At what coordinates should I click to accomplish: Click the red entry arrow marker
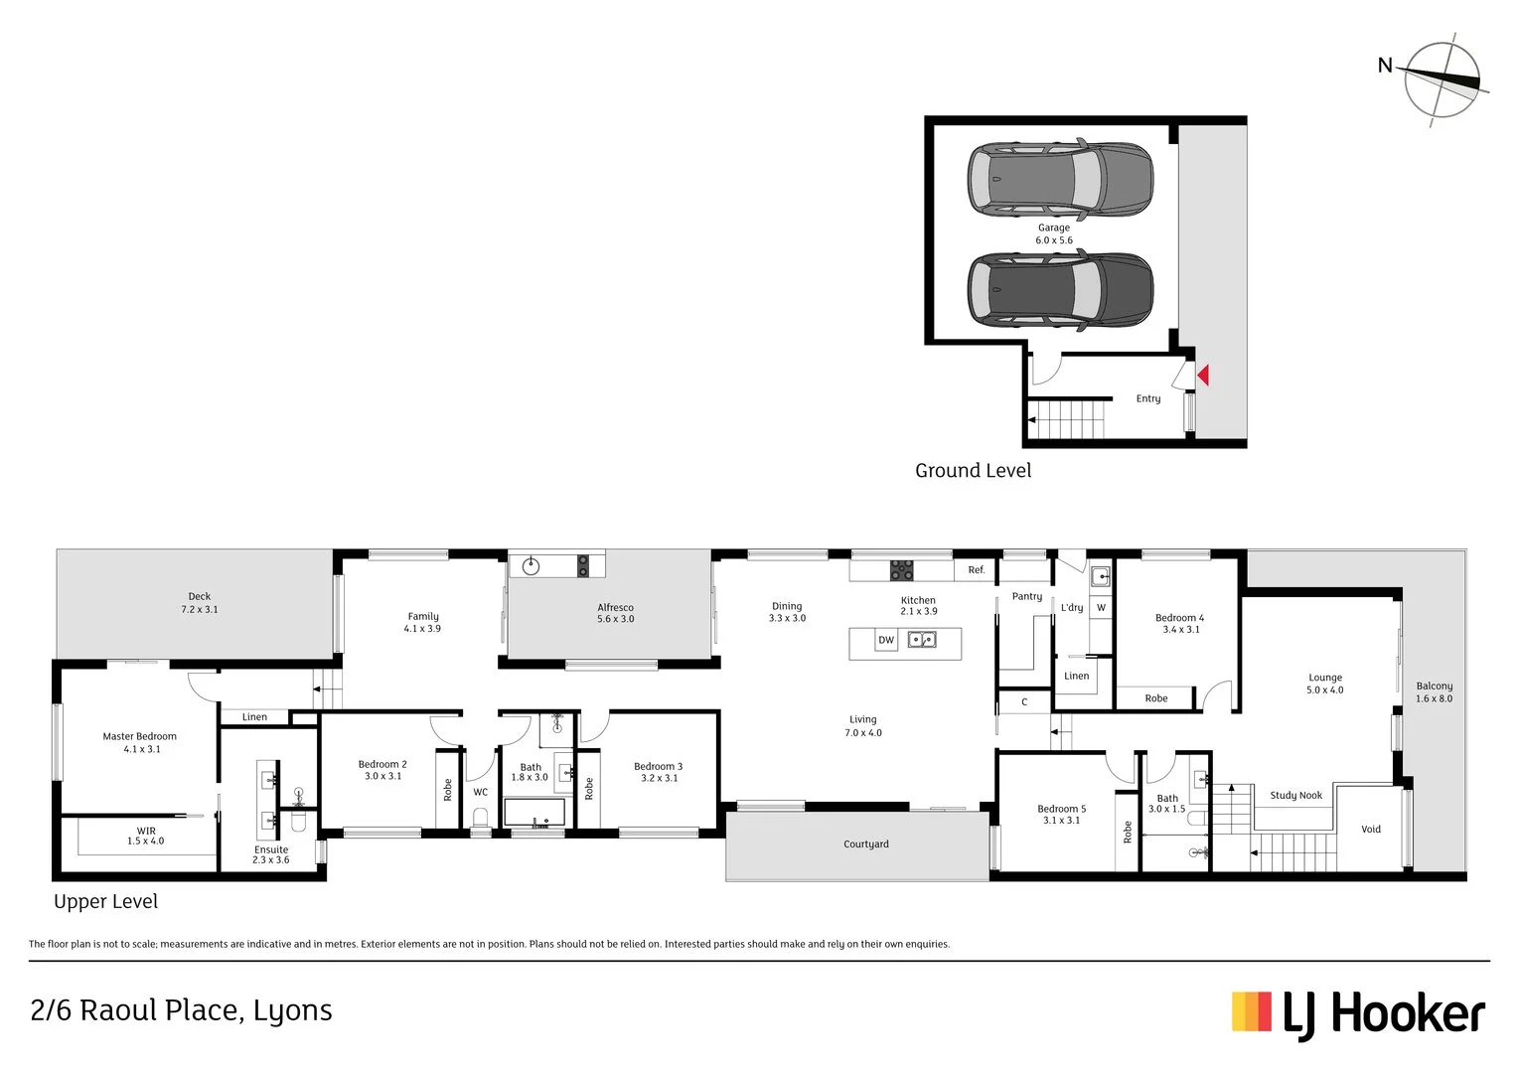(x=1202, y=376)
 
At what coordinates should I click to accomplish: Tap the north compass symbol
(x=1442, y=80)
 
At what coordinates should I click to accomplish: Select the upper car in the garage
(x=1060, y=180)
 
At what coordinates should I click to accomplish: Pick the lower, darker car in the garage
(x=1060, y=290)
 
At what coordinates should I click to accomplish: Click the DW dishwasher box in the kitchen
(x=886, y=641)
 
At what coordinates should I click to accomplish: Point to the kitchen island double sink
(x=922, y=640)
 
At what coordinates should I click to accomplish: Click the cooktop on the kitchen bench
(x=901, y=570)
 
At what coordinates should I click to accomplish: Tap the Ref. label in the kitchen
(x=977, y=570)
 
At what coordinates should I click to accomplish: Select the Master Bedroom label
(x=140, y=742)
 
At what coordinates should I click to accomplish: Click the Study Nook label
(x=1295, y=796)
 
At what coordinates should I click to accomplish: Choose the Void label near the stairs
(x=1371, y=830)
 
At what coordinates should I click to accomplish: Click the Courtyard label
(x=866, y=844)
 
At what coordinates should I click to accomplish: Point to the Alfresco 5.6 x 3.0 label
(x=615, y=613)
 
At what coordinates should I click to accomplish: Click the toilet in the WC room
(x=481, y=817)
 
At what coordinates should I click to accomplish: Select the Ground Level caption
(x=973, y=471)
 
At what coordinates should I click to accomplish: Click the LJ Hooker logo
(x=1358, y=1014)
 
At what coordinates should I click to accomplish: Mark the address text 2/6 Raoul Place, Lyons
(x=182, y=1011)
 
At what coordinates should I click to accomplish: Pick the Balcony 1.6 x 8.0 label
(x=1434, y=692)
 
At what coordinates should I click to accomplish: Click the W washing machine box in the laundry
(x=1101, y=608)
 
